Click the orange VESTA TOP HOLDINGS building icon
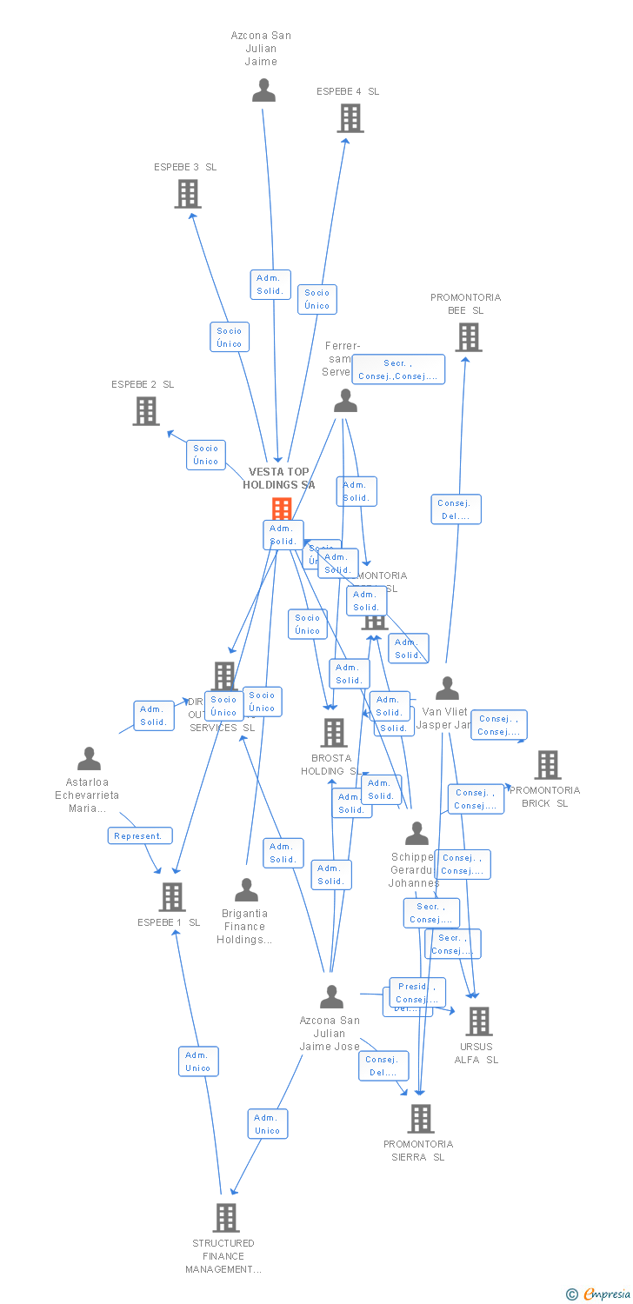pyautogui.click(x=282, y=509)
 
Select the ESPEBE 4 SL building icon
pyautogui.click(x=350, y=118)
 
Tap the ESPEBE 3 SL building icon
pyautogui.click(x=188, y=194)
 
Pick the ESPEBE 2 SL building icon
pyautogui.click(x=146, y=411)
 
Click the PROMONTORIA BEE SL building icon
pyautogui.click(x=468, y=337)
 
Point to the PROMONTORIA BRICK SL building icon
pyautogui.click(x=547, y=765)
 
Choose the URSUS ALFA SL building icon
pyautogui.click(x=478, y=1021)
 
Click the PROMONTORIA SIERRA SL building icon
pyautogui.click(x=421, y=1119)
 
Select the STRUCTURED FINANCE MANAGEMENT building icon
pyautogui.click(x=226, y=1218)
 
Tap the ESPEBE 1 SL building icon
pyautogui.click(x=172, y=896)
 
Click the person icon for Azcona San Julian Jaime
pyautogui.click(x=263, y=90)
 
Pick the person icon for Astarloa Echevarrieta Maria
pyautogui.click(x=89, y=759)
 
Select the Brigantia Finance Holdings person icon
pyautogui.click(x=247, y=890)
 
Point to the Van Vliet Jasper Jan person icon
pyautogui.click(x=447, y=689)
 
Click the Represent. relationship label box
pyautogui.click(x=139, y=836)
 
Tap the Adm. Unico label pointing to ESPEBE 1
pyautogui.click(x=198, y=1061)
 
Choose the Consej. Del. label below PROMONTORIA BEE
pyautogui.click(x=456, y=509)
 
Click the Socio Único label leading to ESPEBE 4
pyautogui.click(x=317, y=299)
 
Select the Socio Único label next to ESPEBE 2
pyautogui.click(x=206, y=455)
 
